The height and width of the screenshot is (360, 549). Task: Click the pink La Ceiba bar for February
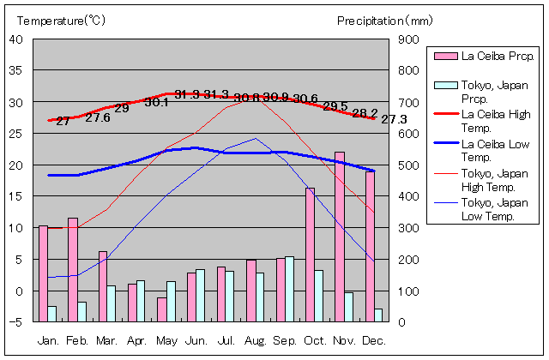(73, 269)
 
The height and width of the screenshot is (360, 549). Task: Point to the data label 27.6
(98, 118)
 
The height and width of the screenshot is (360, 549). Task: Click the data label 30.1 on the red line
(157, 102)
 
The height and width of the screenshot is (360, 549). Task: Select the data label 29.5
(335, 106)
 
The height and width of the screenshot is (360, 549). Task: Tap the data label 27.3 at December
(394, 119)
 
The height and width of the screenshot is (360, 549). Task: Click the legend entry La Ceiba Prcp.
(486, 57)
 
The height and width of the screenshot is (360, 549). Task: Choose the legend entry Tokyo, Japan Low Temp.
(488, 210)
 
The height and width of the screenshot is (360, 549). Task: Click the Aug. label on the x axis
(256, 340)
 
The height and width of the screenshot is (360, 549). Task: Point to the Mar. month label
(107, 340)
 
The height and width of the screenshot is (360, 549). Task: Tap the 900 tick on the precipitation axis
(408, 39)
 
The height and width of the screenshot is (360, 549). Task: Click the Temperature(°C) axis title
(60, 21)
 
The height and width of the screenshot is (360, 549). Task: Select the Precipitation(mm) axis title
(385, 21)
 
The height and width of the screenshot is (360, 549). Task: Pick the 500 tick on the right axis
(408, 165)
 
